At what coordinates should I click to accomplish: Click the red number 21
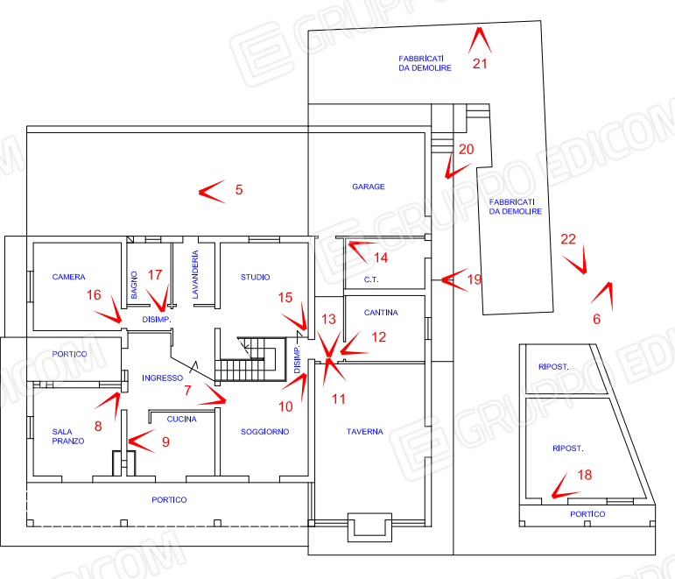point(479,63)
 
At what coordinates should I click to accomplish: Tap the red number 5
point(238,189)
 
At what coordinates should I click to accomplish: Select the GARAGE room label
point(369,187)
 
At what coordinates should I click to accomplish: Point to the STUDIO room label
point(255,277)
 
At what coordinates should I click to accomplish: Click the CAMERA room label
point(68,277)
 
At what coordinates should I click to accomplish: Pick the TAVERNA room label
point(366,432)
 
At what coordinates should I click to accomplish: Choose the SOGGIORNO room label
point(265,432)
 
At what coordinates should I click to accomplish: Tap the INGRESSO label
point(163,378)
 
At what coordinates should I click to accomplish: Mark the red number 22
point(568,238)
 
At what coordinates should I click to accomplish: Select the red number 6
point(596,320)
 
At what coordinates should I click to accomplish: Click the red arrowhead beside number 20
point(447,164)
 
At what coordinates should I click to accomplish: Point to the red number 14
point(381,258)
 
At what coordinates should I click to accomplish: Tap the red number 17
point(155,275)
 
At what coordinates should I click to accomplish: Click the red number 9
point(165,442)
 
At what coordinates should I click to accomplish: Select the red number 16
point(94,295)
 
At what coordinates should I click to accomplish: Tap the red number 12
point(378,335)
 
